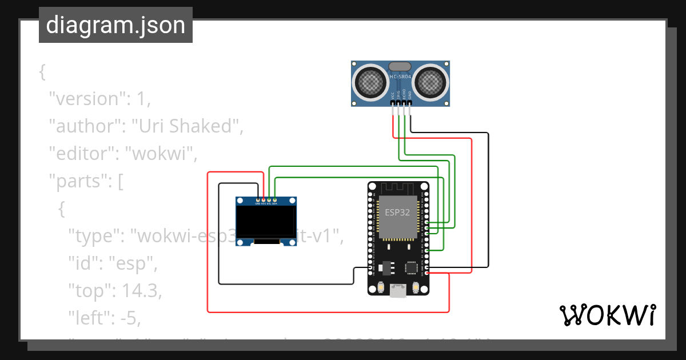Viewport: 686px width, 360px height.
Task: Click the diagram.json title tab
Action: coord(115,25)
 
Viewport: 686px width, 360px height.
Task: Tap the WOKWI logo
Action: coord(607,315)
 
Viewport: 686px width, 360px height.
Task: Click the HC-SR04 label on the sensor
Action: coord(400,77)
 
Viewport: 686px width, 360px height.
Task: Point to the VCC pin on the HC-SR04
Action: coord(393,103)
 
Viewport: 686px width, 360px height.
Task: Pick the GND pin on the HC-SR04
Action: coord(409,103)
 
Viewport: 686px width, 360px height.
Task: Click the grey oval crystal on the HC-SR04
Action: coord(400,66)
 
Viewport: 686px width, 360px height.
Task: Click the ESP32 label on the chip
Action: coord(397,212)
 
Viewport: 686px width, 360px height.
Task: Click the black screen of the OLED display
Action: coord(266,222)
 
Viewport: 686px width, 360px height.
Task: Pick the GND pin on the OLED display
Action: coord(257,200)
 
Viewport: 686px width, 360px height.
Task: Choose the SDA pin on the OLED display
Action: coord(275,200)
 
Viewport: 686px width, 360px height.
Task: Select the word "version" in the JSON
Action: coord(86,99)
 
